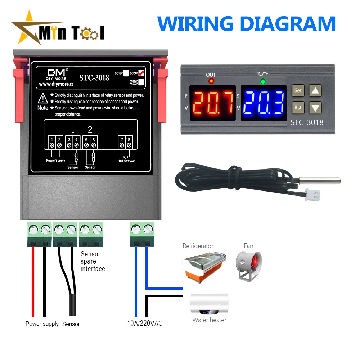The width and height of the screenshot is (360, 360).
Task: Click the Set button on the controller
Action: (x=298, y=90)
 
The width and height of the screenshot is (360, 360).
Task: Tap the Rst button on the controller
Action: (x=298, y=107)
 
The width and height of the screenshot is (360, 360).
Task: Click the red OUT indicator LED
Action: (x=211, y=81)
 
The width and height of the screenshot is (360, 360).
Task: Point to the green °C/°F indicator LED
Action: (x=263, y=81)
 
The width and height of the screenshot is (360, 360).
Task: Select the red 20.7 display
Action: (x=212, y=103)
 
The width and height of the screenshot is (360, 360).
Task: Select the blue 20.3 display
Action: (x=264, y=103)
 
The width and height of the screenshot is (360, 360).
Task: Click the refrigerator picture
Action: (x=204, y=266)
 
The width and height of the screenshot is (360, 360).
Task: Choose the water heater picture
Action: (x=209, y=303)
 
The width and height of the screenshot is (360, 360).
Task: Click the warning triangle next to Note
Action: (x=43, y=98)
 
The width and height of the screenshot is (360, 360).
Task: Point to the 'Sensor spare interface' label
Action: (x=93, y=261)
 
